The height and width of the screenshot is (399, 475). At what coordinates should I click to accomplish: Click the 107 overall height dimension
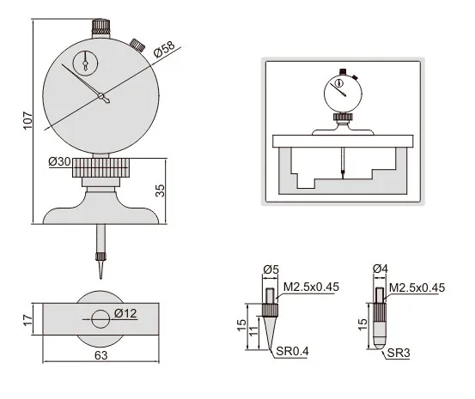27,120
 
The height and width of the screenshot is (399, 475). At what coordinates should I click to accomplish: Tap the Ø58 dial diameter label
164,49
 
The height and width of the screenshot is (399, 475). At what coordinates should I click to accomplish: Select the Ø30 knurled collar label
59,161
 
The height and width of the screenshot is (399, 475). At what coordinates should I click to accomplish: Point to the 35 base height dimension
161,190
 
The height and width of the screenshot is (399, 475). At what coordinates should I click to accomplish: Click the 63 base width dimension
100,355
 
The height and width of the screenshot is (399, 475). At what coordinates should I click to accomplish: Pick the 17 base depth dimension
27,320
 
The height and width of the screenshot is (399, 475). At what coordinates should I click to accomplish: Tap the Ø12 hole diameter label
125,313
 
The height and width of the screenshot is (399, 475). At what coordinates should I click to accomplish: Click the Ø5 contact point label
271,269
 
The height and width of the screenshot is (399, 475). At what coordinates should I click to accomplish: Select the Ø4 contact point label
381,269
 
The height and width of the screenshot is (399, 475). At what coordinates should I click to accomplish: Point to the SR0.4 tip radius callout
292,351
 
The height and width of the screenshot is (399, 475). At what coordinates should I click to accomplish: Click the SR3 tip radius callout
399,353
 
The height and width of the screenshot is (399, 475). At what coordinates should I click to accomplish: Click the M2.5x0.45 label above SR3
417,287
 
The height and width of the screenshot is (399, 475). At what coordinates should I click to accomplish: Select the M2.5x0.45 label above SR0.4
311,287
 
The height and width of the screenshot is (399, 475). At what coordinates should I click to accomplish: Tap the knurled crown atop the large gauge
100,27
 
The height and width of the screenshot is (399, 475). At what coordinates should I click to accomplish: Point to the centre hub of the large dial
100,96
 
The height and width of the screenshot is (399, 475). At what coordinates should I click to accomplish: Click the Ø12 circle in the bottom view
100,319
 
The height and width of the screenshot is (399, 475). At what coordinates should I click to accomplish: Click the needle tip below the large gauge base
100,278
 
